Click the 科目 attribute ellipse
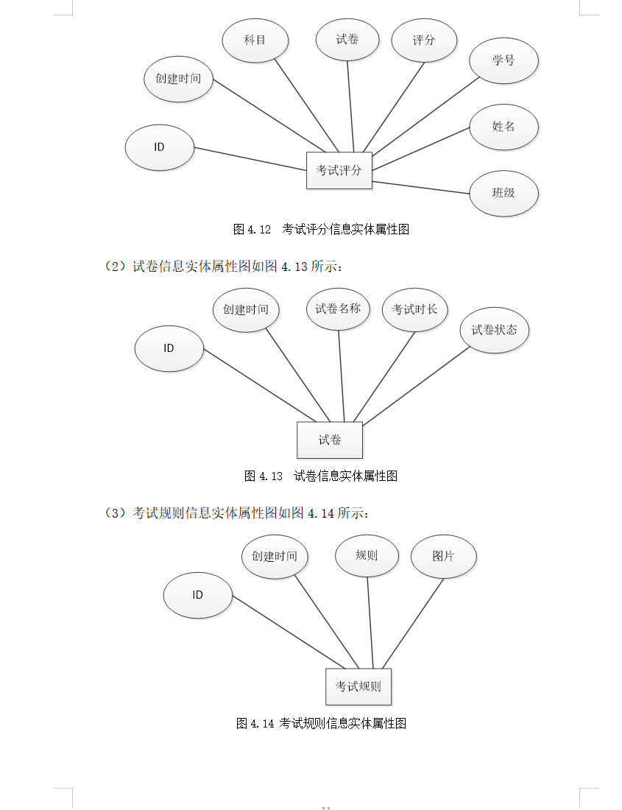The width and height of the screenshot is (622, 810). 255,40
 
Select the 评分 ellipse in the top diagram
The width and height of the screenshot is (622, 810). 424,40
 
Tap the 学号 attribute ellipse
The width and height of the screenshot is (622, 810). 503,60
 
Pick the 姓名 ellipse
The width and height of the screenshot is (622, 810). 503,127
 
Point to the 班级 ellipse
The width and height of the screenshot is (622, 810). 503,193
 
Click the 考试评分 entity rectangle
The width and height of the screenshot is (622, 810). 339,170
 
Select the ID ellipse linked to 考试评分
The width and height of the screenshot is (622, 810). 160,147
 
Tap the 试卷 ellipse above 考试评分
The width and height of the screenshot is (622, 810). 347,40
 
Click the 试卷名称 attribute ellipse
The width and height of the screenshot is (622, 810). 339,309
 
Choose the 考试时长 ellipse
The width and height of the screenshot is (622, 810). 415,309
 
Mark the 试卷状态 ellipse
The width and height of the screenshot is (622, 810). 495,330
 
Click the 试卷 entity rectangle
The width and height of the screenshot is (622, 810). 330,440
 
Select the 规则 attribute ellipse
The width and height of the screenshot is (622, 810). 367,555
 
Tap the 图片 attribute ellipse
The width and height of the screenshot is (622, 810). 443,556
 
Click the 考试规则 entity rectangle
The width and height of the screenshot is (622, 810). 358,686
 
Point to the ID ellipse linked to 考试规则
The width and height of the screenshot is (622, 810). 197,595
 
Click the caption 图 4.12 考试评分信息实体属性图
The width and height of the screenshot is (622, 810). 321,229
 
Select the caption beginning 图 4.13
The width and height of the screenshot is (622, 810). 321,476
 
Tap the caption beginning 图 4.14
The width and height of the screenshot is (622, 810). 321,723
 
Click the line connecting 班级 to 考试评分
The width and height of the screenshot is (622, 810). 421,187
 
